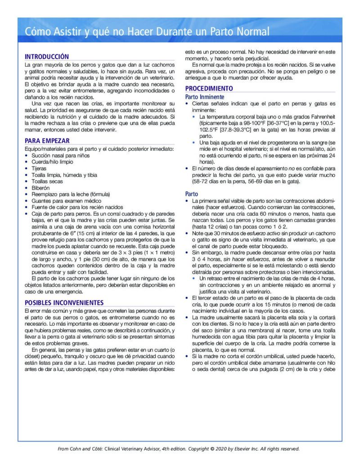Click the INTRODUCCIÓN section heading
(47, 57)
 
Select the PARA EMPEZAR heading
(47, 140)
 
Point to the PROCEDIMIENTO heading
(209, 89)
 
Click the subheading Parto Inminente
(205, 97)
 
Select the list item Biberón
(40, 188)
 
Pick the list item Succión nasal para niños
(60, 155)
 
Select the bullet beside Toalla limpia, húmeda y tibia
(27, 175)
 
